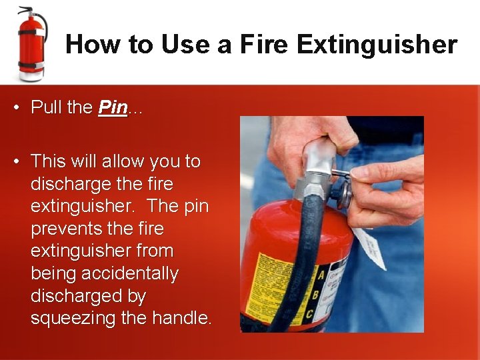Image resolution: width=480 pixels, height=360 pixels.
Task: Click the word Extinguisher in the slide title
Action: click(377, 45)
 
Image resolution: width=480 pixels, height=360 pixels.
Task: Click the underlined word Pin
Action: click(113, 108)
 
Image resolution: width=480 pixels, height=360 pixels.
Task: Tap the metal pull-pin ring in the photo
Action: click(344, 194)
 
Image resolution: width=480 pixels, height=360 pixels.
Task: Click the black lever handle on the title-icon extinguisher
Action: click(27, 10)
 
